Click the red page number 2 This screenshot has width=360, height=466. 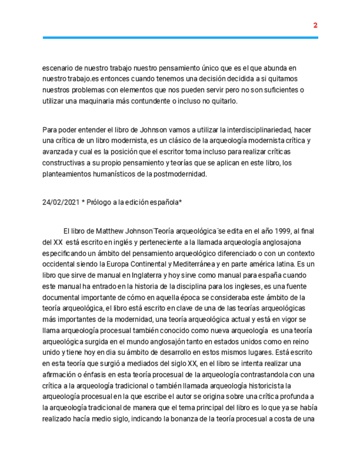(315, 25)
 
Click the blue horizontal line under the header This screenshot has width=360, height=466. (180, 37)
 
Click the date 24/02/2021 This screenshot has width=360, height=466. (60, 202)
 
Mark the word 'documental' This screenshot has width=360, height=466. (62, 297)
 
